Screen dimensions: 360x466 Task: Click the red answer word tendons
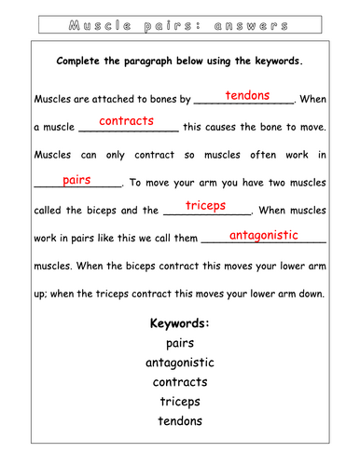tap(247, 95)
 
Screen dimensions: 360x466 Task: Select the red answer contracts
tap(126, 121)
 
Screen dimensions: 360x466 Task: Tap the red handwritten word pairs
tap(76, 179)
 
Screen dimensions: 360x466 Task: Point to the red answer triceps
tap(205, 205)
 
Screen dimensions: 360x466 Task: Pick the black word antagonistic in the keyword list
tap(179, 362)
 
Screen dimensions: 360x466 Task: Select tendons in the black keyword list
tap(179, 420)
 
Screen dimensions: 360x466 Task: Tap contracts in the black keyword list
tap(179, 381)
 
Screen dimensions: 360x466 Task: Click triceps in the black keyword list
tap(179, 401)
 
